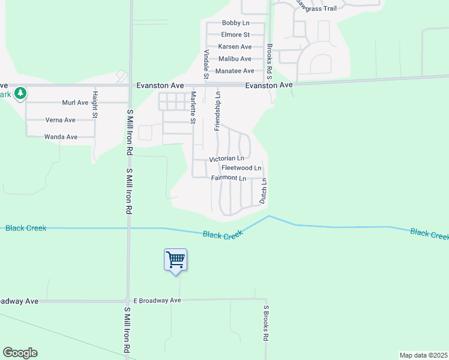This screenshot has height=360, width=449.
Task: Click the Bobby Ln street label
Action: click(235, 23)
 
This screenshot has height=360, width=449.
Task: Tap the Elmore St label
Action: click(235, 35)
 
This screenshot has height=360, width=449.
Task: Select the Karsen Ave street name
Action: click(235, 47)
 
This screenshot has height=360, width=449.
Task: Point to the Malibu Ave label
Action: click(235, 59)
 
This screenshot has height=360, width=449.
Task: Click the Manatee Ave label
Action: click(235, 71)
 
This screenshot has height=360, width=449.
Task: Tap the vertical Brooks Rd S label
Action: click(270, 62)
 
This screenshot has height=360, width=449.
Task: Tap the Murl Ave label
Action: click(75, 103)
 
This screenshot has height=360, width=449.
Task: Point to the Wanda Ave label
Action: click(61, 137)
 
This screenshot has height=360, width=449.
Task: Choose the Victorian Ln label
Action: click(226, 159)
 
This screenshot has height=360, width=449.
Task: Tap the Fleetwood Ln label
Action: click(241, 168)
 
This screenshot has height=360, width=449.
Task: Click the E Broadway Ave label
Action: click(157, 300)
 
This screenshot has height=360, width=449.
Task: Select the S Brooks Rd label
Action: click(265, 323)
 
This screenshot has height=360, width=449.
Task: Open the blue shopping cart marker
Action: click(175, 260)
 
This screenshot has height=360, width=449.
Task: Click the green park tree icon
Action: click(21, 93)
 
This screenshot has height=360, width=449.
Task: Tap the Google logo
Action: click(20, 353)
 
